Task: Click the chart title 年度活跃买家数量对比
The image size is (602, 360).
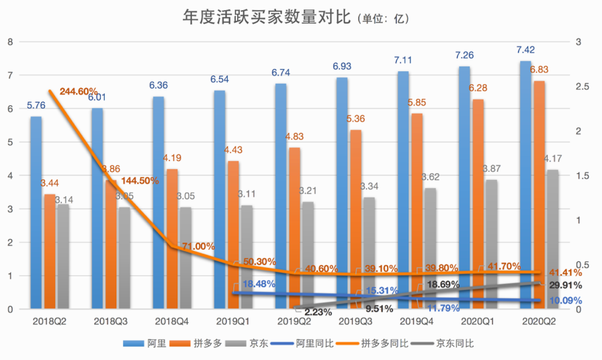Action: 267,17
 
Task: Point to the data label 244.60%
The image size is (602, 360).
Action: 79,91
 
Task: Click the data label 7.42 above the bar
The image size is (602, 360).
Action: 525,50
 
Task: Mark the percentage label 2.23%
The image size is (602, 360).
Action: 317,312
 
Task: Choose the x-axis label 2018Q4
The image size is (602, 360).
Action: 170,322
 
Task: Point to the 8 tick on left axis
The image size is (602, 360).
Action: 10,42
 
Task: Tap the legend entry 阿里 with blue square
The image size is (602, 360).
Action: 140,343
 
